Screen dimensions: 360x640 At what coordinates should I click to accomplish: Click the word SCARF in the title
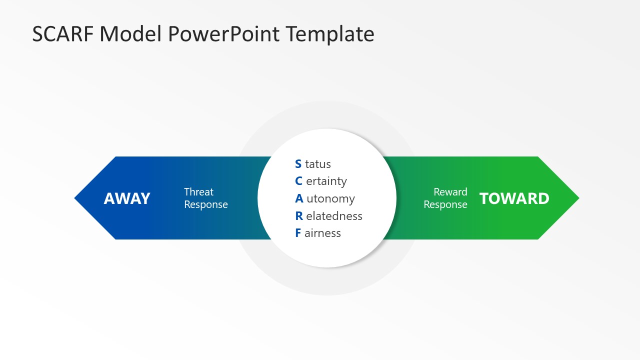(63, 34)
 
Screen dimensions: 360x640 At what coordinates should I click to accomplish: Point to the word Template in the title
(330, 34)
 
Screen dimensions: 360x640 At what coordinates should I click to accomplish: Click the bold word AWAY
(127, 198)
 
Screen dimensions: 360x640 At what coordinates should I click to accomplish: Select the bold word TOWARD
(514, 198)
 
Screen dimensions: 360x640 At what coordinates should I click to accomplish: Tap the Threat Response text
(205, 198)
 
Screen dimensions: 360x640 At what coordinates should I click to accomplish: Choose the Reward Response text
(445, 198)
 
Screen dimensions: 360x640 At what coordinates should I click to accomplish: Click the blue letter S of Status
(298, 164)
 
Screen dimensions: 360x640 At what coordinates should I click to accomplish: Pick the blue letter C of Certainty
(298, 181)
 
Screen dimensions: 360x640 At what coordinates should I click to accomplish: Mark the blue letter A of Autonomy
(299, 198)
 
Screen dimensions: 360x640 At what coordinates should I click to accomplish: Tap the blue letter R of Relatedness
(299, 216)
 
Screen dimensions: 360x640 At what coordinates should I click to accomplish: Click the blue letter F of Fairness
(298, 233)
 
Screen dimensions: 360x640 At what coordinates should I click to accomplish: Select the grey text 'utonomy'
(330, 199)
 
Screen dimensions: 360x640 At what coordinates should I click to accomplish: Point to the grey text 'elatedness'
(334, 216)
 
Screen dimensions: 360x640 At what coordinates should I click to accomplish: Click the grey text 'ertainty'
(326, 181)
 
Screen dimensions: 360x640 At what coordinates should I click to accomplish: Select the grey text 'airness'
(322, 233)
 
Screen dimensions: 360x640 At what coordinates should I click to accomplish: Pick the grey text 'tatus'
(318, 164)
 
